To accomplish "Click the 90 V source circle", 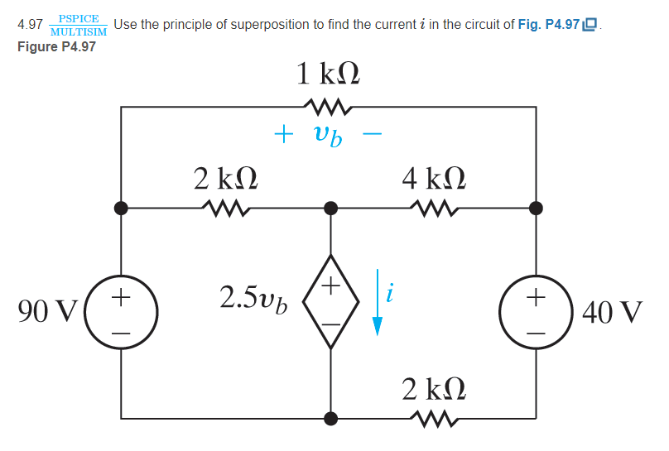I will (122, 313).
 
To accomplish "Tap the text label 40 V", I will (612, 313).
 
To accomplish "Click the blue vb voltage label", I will (327, 134).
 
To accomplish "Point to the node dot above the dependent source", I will (331, 208).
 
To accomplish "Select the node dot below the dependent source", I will (331, 419).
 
